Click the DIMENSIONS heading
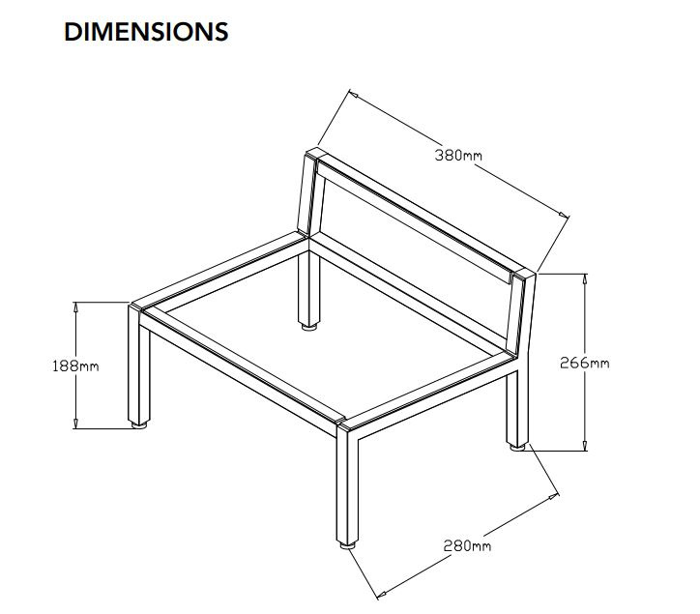(146, 31)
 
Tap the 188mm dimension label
(76, 365)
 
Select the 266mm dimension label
(585, 363)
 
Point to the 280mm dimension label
(468, 546)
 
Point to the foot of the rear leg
(309, 327)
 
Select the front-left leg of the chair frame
(139, 367)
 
